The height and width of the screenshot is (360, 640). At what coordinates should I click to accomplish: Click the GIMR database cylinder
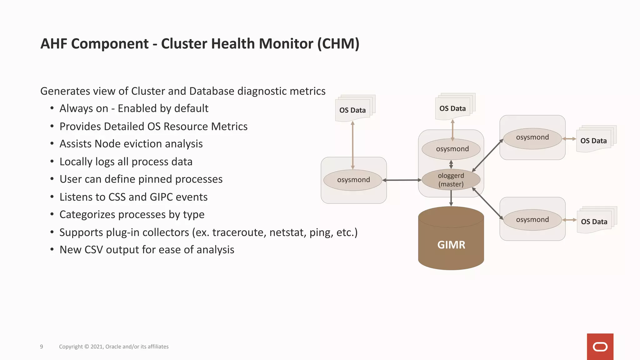click(x=451, y=241)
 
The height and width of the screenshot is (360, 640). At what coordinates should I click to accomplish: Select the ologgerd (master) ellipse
click(x=451, y=180)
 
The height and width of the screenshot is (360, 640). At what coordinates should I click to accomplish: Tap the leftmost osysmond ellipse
click(x=353, y=180)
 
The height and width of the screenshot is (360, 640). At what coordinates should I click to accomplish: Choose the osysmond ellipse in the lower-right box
click(x=532, y=220)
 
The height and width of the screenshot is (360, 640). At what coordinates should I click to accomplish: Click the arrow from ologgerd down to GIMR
click(x=451, y=198)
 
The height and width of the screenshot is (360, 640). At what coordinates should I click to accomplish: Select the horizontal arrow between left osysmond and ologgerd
click(x=402, y=180)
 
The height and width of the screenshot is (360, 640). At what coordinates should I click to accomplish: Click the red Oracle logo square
click(x=600, y=347)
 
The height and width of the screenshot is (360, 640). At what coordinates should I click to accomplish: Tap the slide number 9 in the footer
click(x=42, y=347)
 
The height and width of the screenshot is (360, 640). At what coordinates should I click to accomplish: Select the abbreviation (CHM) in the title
click(x=338, y=44)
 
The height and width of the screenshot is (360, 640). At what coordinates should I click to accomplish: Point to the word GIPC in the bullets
click(x=161, y=197)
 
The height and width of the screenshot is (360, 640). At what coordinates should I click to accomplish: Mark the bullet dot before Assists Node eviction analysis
click(x=52, y=144)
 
